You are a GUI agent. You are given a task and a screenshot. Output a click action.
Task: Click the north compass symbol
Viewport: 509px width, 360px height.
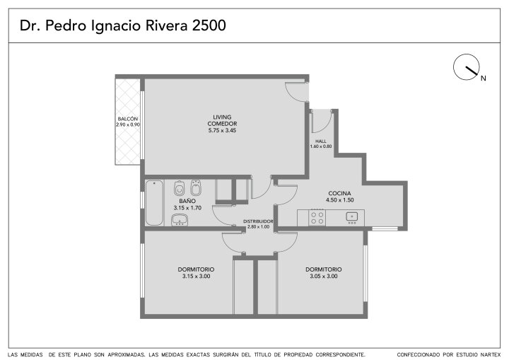pyautogui.click(x=466, y=67)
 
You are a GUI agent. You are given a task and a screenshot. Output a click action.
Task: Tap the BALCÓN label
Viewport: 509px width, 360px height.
pyautogui.click(x=127, y=119)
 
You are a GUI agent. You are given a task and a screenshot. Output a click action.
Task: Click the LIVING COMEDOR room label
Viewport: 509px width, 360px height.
pyautogui.click(x=222, y=120)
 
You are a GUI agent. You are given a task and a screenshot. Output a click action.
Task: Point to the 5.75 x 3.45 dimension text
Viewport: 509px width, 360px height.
pyautogui.click(x=222, y=130)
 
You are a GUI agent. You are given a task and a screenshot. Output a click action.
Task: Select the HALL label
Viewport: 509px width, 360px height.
pyautogui.click(x=321, y=141)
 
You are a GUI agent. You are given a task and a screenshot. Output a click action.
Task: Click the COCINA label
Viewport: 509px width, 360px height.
pyautogui.click(x=339, y=193)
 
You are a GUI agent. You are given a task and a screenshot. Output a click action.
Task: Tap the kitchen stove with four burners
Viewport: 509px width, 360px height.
pyautogui.click(x=317, y=218)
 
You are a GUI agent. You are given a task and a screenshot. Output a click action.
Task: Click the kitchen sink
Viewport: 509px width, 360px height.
pyautogui.click(x=352, y=216)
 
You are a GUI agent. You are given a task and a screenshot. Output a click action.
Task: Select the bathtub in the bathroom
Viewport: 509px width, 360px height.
pyautogui.click(x=154, y=203)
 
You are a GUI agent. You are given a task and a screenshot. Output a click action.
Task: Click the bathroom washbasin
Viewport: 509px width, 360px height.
pyautogui.click(x=179, y=220)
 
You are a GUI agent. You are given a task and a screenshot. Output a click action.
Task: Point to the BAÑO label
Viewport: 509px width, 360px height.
pyautogui.click(x=187, y=201)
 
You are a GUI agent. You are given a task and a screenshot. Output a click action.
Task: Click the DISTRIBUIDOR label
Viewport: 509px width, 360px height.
pyautogui.click(x=258, y=221)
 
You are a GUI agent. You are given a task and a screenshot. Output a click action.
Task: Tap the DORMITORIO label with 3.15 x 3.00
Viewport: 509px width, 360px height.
pyautogui.click(x=196, y=269)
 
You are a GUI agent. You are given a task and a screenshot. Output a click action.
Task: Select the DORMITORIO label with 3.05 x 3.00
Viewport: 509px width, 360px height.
pyautogui.click(x=323, y=269)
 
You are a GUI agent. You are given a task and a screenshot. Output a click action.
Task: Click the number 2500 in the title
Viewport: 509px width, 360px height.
pyautogui.click(x=209, y=25)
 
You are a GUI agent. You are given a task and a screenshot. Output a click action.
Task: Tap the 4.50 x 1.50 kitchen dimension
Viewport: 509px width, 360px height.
pyautogui.click(x=339, y=200)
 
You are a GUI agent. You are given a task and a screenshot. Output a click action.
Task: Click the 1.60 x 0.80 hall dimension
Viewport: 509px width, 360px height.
pyautogui.click(x=321, y=146)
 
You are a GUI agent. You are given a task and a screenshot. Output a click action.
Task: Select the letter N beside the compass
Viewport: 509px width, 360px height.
pyautogui.click(x=484, y=79)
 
